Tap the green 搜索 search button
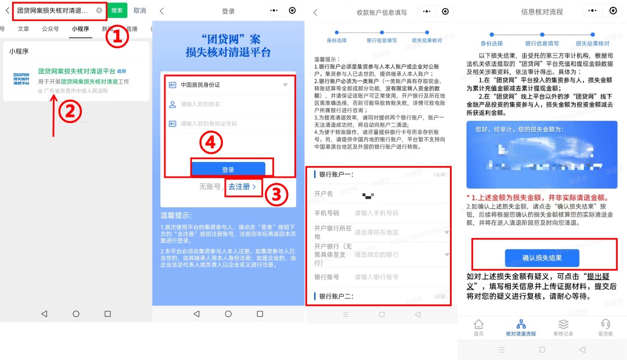pos(117,10)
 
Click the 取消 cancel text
pos(139,10)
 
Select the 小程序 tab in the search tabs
pos(80,28)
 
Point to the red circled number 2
pos(69,113)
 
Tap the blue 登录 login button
pos(228,170)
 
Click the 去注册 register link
pos(242,187)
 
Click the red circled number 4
pos(211,143)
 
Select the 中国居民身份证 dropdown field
pos(228,85)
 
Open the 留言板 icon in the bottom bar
pos(606,327)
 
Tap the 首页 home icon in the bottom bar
pos(478,327)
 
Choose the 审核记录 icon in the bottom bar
pos(563,327)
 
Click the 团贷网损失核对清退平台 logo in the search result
pos(23,80)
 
